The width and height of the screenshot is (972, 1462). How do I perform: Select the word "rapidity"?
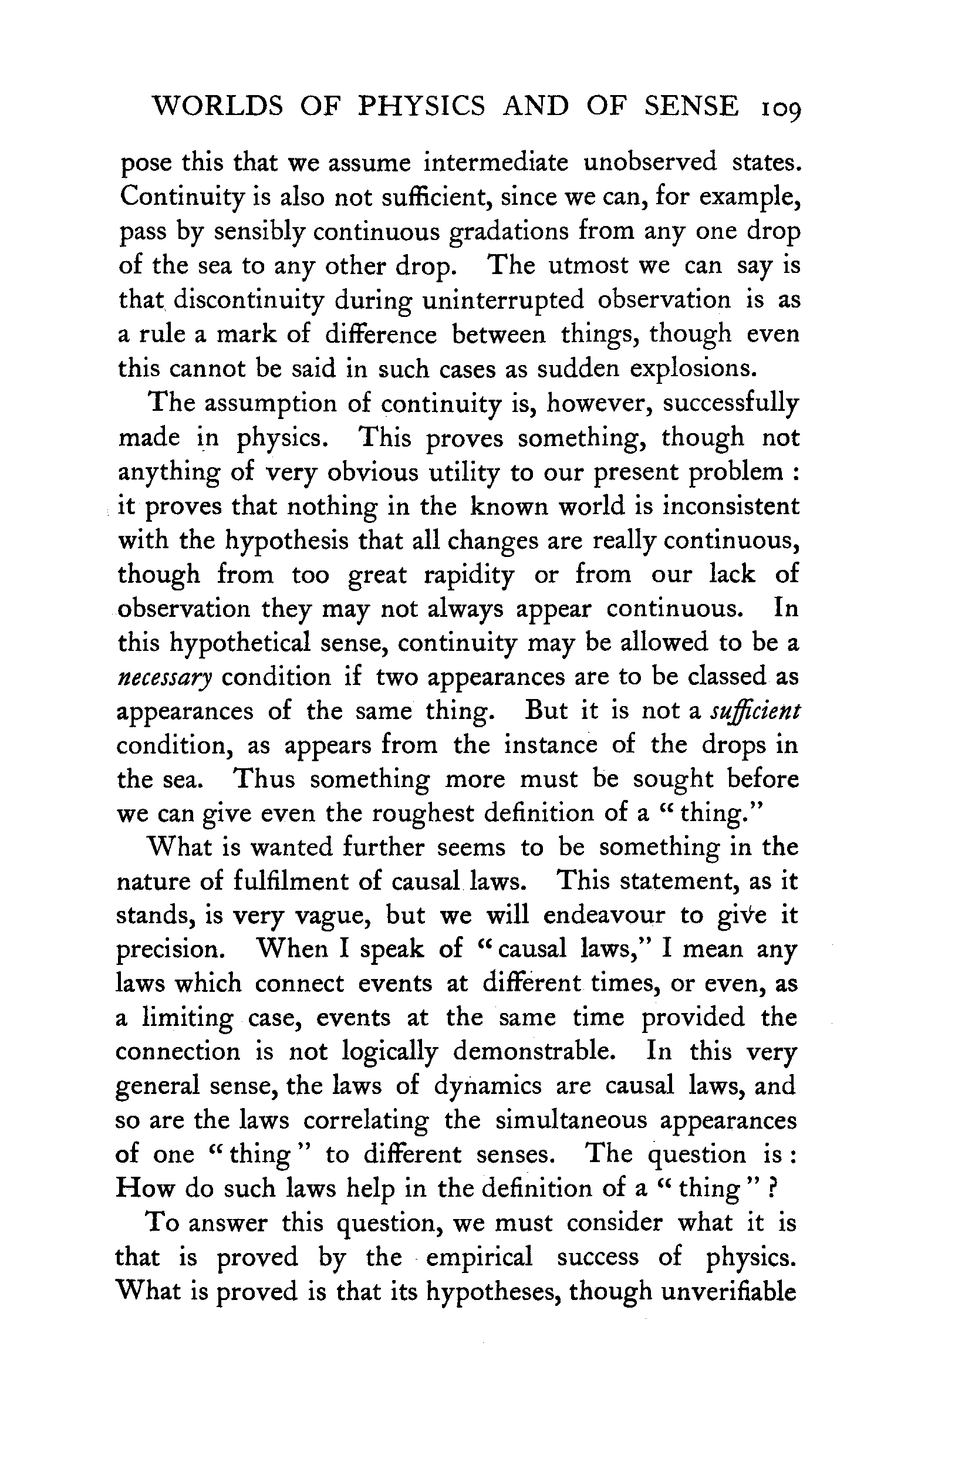pos(468,575)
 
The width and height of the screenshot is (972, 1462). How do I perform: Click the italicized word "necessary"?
pos(165,678)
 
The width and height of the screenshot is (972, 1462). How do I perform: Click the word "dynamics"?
pos(487,1087)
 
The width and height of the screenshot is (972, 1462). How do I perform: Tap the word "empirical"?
pos(478,1258)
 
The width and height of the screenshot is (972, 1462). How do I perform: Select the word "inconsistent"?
pos(731,507)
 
